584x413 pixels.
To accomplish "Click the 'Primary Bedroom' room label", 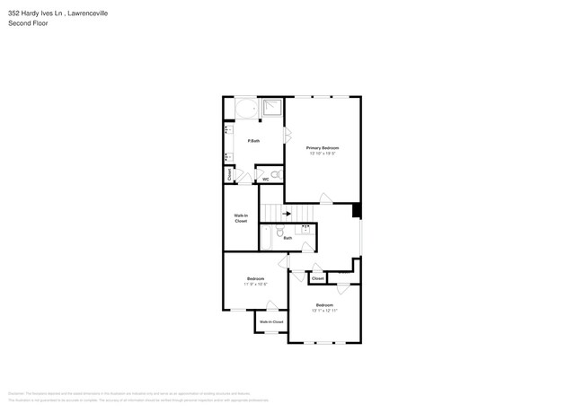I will (x=322, y=147).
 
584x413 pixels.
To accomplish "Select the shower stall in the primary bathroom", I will (x=272, y=109).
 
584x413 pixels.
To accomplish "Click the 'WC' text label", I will (x=266, y=180).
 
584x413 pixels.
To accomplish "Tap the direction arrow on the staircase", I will (x=288, y=214).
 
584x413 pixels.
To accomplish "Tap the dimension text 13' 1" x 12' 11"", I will (x=324, y=310).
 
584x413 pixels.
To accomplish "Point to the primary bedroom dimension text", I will (x=322, y=154).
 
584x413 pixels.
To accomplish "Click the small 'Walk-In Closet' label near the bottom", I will (x=270, y=321).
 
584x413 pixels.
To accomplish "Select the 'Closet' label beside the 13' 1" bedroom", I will (x=317, y=279).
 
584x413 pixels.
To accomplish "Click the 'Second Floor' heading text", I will (x=28, y=23).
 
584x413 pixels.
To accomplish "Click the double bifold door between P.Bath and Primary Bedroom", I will (x=286, y=136).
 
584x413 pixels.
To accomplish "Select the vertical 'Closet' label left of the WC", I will (x=230, y=175).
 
